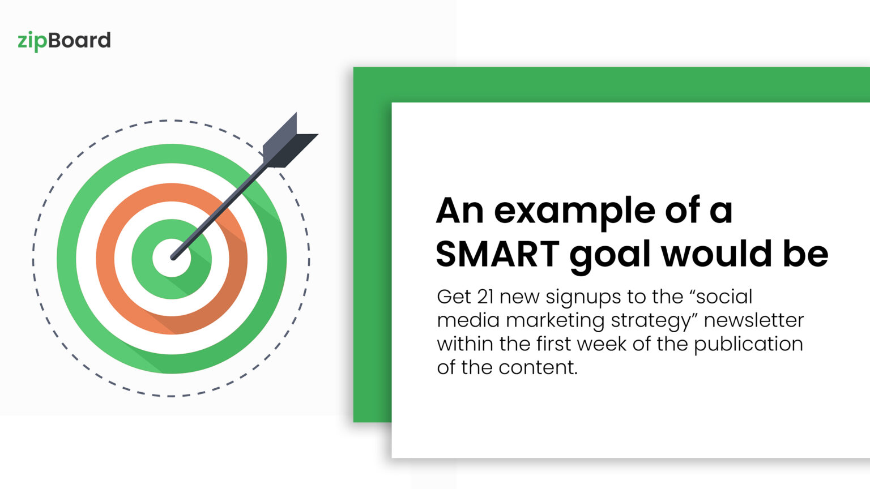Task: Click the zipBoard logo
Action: (64, 41)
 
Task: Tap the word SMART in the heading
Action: (497, 254)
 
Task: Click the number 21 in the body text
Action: (485, 297)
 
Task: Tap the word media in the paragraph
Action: (468, 320)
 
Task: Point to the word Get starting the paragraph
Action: (454, 297)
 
